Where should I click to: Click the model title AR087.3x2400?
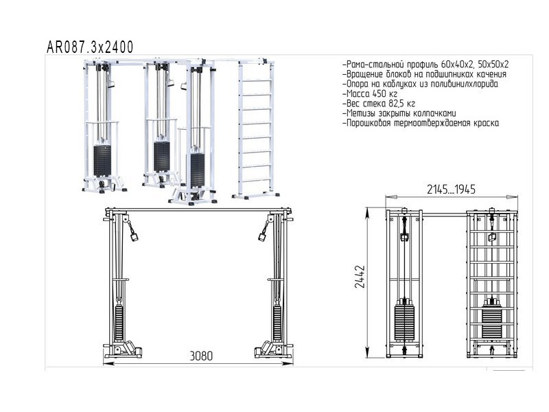pyautogui.click(x=89, y=47)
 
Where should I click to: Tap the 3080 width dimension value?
pyautogui.click(x=200, y=356)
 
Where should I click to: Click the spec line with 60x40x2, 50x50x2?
pyautogui.click(x=425, y=64)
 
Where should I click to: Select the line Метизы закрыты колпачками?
pyautogui.click(x=398, y=113)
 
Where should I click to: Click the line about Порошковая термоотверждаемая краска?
pyautogui.click(x=420, y=124)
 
